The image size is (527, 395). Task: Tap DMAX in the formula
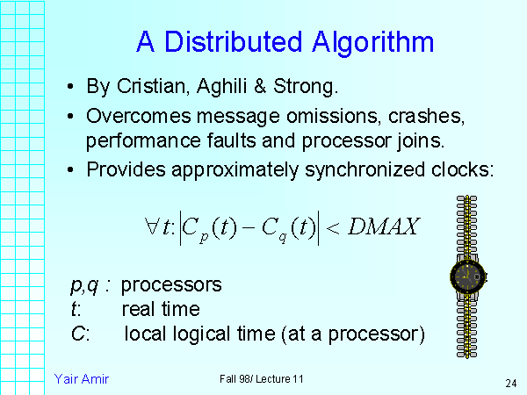383,227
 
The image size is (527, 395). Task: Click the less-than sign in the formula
333,228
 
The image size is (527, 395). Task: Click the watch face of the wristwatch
467,276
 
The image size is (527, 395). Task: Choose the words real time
161,309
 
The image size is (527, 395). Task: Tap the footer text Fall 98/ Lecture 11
262,378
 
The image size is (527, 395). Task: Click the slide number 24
509,384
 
